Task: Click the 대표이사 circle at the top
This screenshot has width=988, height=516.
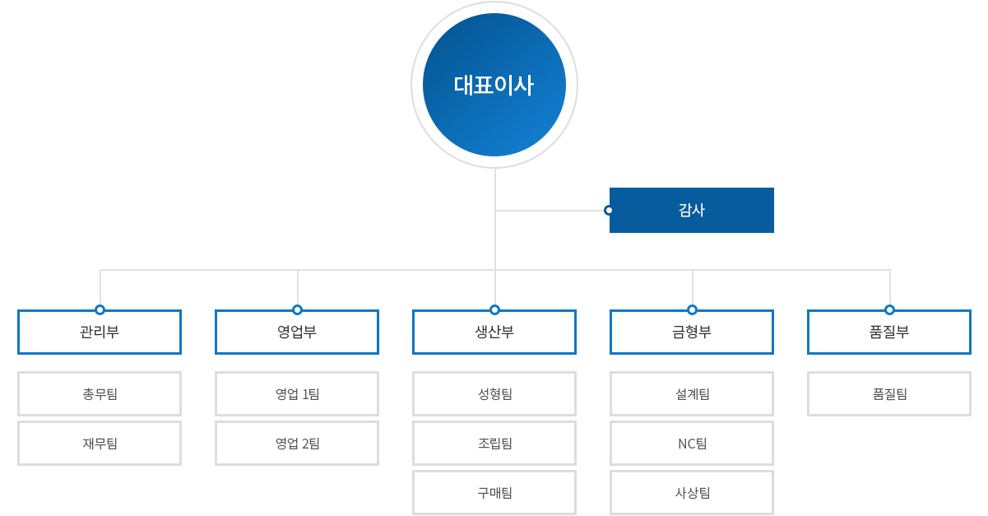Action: coord(494,84)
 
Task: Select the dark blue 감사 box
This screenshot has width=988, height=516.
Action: coord(692,210)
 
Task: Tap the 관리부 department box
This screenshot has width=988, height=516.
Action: coord(100,332)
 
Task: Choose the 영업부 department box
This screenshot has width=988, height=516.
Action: coord(297,332)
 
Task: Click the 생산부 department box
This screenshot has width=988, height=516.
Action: coord(494,332)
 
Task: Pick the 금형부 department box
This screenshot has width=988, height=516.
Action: coord(692,332)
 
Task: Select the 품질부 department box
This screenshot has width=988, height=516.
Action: coord(889,332)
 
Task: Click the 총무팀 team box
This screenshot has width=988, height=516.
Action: coord(100,393)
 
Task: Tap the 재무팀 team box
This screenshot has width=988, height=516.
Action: coord(100,444)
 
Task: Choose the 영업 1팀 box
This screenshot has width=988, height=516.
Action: coord(297,393)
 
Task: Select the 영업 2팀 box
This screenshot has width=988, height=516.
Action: coord(297,444)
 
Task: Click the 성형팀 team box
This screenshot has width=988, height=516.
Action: coord(494,393)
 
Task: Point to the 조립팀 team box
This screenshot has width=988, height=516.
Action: coord(494,444)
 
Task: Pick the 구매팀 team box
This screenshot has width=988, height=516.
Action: coord(494,493)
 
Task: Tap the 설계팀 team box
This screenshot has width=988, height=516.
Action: coord(692,393)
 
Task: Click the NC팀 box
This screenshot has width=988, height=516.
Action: coord(692,444)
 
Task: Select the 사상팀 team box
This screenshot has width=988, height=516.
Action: coord(692,493)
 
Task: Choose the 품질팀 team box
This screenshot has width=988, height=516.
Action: coord(889,393)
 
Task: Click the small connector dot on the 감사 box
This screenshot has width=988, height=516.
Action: coord(609,210)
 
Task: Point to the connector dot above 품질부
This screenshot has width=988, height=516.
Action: coord(889,310)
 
